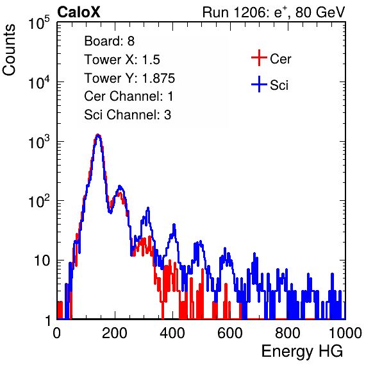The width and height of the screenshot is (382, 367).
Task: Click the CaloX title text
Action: [78, 12]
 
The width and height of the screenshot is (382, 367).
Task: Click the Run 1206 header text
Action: [274, 12]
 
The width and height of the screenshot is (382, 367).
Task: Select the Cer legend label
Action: [280, 59]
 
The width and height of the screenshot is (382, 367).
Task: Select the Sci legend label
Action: [279, 85]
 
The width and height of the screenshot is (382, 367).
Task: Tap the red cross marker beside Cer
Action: [259, 58]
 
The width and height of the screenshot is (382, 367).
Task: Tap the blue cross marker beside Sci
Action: [259, 84]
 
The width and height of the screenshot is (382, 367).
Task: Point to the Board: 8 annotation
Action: [109, 41]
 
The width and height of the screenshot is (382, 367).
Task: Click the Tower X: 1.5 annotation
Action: [122, 60]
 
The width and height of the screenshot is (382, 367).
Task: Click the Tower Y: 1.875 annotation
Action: [129, 78]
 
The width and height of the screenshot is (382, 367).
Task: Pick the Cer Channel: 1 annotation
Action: [129, 96]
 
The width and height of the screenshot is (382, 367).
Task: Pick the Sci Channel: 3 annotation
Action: [128, 115]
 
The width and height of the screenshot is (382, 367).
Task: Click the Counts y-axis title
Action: [9, 50]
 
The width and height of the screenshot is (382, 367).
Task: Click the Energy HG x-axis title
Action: [302, 351]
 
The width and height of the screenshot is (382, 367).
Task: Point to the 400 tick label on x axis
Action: [172, 333]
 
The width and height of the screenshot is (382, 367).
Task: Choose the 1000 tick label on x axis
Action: [345, 333]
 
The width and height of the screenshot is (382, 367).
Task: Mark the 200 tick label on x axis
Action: [115, 333]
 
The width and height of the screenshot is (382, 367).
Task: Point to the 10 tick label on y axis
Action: [42, 260]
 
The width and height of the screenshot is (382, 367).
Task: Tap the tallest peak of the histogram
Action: [98, 134]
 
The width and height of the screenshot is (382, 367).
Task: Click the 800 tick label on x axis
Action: [288, 333]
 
